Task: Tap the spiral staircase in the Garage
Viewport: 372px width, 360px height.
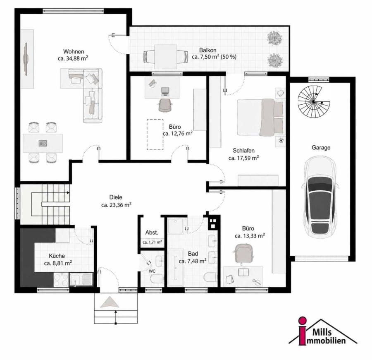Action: tap(314, 102)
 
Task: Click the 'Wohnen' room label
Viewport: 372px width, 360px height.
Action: tap(74, 52)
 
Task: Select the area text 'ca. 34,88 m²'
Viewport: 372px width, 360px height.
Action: tap(73, 58)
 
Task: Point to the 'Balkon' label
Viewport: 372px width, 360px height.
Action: tap(207, 50)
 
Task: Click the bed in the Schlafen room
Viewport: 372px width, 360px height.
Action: tap(260, 118)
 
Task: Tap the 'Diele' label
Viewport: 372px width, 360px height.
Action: tap(116, 197)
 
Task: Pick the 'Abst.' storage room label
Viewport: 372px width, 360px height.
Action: tap(152, 233)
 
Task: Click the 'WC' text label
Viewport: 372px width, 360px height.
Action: tap(152, 271)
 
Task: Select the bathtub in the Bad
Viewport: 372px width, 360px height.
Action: tap(176, 267)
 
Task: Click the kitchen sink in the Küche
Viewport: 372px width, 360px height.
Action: tap(81, 279)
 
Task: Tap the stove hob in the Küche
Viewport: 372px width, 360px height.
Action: tap(61, 279)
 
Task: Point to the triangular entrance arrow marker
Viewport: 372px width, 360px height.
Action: tap(110, 302)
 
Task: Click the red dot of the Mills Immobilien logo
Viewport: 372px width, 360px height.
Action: tap(302, 321)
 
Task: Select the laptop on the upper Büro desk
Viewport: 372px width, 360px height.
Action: tap(165, 91)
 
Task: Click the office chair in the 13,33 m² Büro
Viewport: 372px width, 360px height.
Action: tap(243, 254)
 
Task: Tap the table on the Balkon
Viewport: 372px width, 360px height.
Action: tap(166, 56)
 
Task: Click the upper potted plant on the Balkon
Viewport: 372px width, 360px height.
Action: tap(275, 38)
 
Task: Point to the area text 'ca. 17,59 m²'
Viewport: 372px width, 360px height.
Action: tap(243, 158)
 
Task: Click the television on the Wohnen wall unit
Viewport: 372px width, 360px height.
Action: tap(26, 59)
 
